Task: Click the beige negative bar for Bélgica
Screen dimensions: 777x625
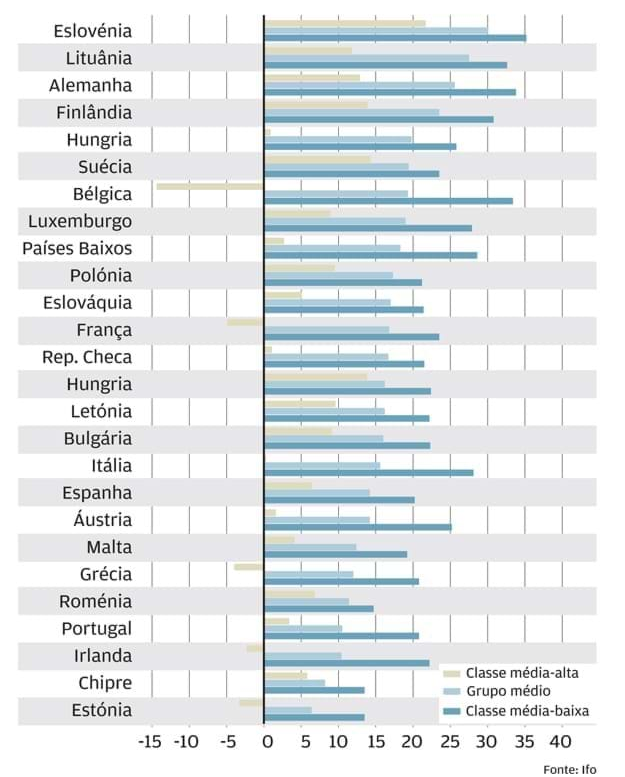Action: coord(210,185)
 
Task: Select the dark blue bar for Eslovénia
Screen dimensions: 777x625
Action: coord(395,38)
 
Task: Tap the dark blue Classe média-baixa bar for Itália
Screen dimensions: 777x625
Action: coord(369,473)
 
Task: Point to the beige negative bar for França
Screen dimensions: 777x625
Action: coord(245,321)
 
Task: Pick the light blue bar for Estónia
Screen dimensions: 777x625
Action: coord(288,709)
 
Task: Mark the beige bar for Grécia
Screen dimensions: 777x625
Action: coord(249,566)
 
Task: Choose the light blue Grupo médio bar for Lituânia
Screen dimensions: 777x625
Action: coord(366,57)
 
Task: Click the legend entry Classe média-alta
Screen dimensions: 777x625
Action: coord(522,673)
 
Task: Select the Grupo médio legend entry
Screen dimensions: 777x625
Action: coord(507,691)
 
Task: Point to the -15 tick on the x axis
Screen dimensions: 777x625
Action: coord(150,743)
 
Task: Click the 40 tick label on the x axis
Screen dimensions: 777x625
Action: coord(559,743)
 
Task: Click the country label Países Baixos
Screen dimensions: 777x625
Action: coord(77,248)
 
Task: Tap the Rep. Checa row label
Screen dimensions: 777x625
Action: coord(87,357)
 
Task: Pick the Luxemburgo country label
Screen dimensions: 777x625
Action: coord(80,221)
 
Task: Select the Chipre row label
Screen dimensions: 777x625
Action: coord(104,683)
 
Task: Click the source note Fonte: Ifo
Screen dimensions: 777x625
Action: coord(569,768)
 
